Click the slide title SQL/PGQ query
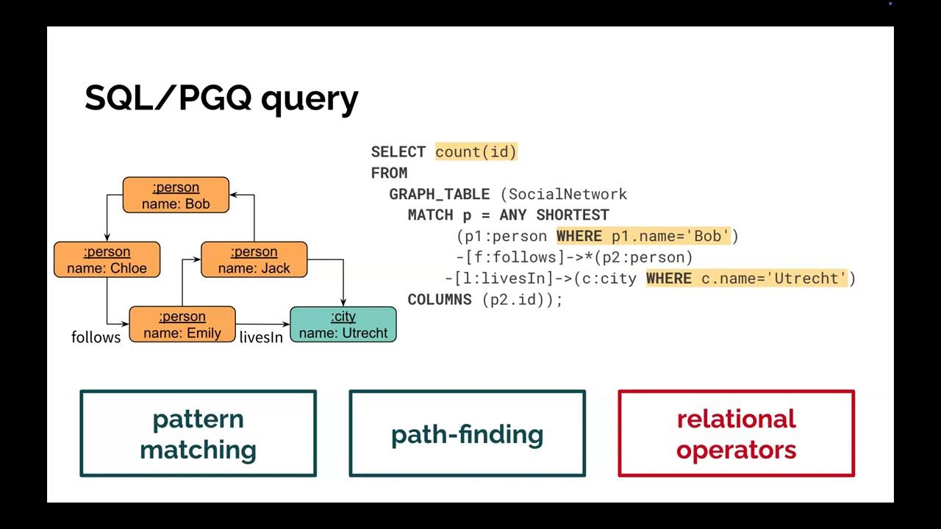coord(221,98)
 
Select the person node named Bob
coord(176,195)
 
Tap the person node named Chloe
coord(107,260)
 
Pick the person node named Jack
coord(254,260)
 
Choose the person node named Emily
coord(182,325)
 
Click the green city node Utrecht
coord(343,325)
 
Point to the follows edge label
coord(96,337)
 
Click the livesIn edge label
coord(261,338)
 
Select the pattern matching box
coord(198,433)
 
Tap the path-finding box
coord(467,433)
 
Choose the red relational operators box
coord(736,433)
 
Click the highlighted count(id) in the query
coord(476,152)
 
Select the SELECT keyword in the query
coord(398,152)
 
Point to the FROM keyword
coord(389,173)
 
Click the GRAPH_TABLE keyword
coord(439,195)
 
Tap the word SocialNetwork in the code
coord(568,195)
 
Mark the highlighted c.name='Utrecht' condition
coord(747,278)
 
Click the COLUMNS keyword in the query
coord(440,300)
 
